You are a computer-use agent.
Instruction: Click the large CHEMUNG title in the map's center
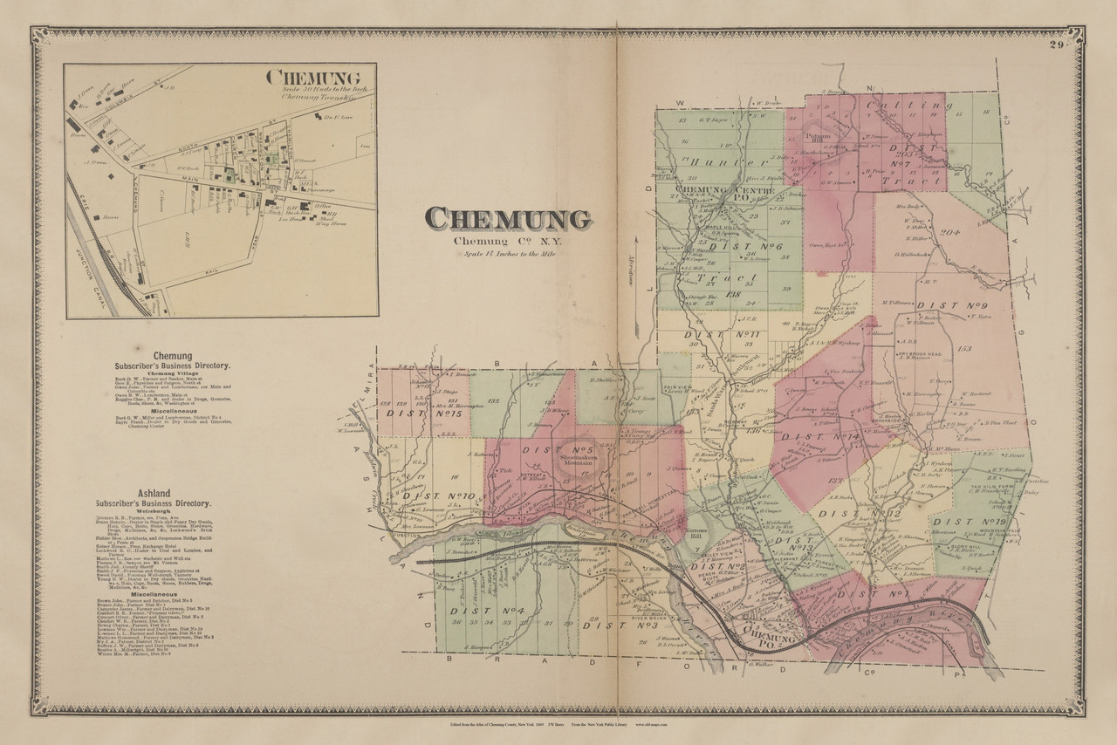pos(506,219)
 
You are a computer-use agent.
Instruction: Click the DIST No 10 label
pos(440,496)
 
